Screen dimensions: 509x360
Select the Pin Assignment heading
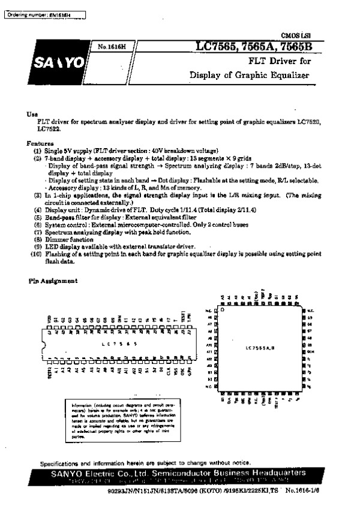(53, 281)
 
